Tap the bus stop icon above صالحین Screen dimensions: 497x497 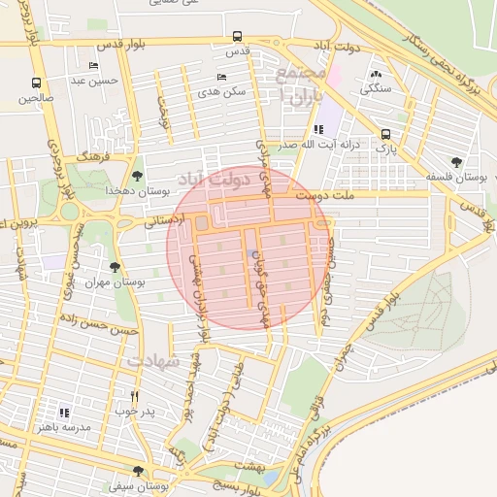[36, 83]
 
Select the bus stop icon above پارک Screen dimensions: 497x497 [385, 135]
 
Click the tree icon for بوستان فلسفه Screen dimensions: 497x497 [456, 162]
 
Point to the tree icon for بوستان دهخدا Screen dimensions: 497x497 [137, 176]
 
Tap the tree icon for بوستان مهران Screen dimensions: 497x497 [115, 266]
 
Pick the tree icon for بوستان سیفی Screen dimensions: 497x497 [138, 471]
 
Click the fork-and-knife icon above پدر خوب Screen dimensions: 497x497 [134, 396]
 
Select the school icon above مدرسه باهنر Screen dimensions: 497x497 [65, 413]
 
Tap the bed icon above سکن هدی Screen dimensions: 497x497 [222, 77]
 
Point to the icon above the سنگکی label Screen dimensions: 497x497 [376, 74]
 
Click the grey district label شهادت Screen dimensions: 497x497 [153, 360]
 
